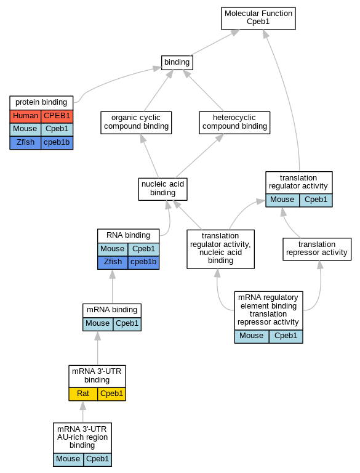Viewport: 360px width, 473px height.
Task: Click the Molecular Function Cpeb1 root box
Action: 258,18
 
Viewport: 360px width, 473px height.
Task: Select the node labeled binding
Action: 177,63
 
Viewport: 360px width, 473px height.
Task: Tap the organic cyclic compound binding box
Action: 136,123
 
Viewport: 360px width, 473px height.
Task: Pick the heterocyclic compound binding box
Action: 234,123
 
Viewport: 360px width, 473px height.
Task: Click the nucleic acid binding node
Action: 163,189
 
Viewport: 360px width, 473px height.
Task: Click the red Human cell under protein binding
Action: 25,116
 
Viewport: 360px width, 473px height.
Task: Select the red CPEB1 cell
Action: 57,116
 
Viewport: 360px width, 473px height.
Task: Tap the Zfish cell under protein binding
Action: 25,143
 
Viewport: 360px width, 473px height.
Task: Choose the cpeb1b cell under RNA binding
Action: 143,262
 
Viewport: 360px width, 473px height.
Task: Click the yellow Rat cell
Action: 83,394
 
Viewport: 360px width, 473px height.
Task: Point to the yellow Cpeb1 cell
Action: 111,394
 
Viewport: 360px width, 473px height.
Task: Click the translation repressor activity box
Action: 317,249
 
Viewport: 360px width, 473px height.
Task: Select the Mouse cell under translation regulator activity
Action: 282,200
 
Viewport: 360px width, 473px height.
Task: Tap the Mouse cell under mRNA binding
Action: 98,324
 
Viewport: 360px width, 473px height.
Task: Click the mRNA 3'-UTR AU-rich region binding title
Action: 82,437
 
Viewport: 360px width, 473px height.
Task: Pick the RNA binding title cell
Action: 129,236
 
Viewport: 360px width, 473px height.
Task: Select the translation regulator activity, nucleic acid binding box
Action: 221,249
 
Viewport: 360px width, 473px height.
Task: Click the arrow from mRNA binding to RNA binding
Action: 113,286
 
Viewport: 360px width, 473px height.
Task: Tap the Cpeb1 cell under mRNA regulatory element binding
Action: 286,336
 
